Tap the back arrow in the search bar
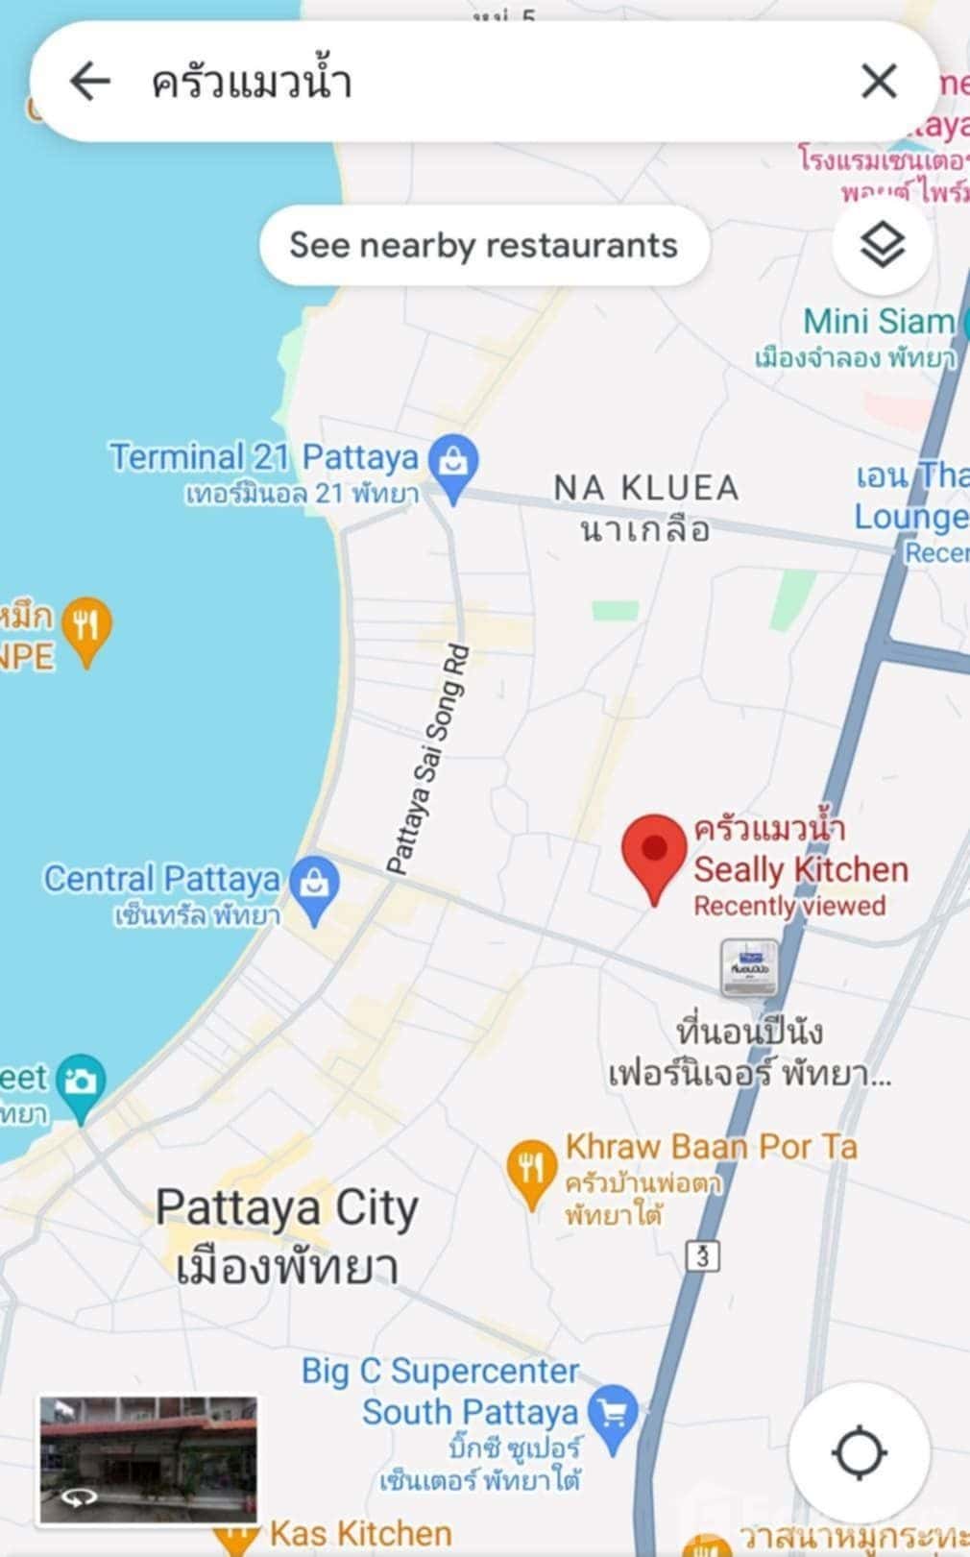pyautogui.click(x=90, y=82)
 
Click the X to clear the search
pyautogui.click(x=879, y=82)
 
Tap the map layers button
pyautogui.click(x=882, y=246)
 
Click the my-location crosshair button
pyautogui.click(x=859, y=1451)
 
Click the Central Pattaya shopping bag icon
pyautogui.click(x=315, y=886)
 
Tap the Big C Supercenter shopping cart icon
pyautogui.click(x=613, y=1413)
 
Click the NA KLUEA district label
pyautogui.click(x=645, y=488)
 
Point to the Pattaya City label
pyautogui.click(x=286, y=1209)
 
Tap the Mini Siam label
pyautogui.click(x=878, y=321)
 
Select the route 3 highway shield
pyautogui.click(x=704, y=1255)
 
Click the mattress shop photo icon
pyautogui.click(x=750, y=966)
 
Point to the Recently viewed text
pyautogui.click(x=789, y=906)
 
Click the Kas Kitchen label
pyautogui.click(x=360, y=1533)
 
